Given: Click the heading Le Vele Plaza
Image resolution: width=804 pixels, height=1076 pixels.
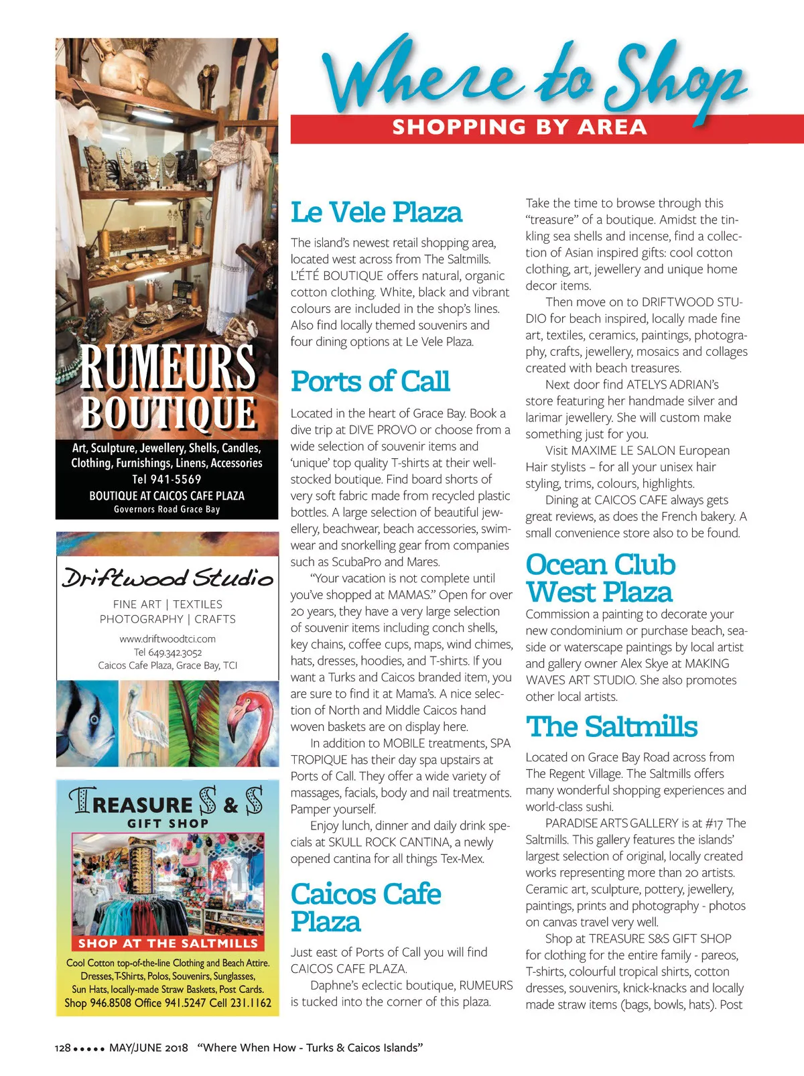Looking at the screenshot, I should [376, 213].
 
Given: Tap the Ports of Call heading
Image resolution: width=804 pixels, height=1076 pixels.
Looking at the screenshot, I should [370, 382].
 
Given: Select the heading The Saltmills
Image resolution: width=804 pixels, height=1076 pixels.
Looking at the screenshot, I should [611, 727].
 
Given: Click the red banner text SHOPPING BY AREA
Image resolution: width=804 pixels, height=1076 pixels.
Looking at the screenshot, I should [519, 127].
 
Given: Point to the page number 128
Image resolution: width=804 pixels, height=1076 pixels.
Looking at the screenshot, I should [62, 1048].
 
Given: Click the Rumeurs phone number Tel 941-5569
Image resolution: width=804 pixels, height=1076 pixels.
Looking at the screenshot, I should [167, 479].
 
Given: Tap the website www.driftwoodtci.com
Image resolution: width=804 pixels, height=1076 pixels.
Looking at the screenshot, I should [167, 638].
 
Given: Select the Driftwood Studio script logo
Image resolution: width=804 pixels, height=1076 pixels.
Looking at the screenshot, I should [167, 578].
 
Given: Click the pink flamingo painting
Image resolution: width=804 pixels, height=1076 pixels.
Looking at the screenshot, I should [249, 724].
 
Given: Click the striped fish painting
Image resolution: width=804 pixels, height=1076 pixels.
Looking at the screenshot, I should [87, 724].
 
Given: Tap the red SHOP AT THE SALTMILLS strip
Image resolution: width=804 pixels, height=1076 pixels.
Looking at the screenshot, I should [167, 943].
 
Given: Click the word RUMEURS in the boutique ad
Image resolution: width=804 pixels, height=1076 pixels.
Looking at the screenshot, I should [167, 366].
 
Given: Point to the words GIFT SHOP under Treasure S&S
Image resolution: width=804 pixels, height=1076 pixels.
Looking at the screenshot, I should [168, 823].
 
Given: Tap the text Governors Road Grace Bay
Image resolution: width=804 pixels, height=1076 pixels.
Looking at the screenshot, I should [167, 509].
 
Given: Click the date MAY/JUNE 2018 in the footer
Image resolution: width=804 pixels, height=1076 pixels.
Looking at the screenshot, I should [149, 1048].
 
